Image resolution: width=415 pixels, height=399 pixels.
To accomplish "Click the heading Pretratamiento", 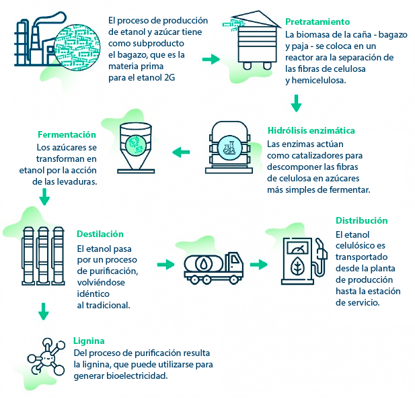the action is click(317, 21).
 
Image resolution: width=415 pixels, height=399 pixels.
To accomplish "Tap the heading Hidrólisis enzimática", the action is click(311, 130).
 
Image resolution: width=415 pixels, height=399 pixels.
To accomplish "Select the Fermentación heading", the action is click(67, 134).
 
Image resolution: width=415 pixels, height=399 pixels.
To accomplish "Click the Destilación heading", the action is click(100, 234).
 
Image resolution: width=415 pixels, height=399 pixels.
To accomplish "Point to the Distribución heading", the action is click(362, 220).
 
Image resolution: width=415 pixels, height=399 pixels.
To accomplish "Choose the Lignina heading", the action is click(89, 341).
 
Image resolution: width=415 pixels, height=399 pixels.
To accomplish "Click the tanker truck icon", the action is click(214, 267).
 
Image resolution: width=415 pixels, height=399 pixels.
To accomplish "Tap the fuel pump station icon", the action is click(304, 261).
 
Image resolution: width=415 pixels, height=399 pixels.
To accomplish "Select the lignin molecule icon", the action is click(46, 356).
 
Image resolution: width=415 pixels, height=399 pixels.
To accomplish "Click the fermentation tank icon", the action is click(136, 148).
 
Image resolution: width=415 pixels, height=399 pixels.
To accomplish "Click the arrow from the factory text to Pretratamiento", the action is click(211, 59).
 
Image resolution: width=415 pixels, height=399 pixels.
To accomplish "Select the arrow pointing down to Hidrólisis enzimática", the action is click(296, 103).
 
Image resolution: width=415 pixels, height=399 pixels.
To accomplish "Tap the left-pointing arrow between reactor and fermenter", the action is click(181, 152).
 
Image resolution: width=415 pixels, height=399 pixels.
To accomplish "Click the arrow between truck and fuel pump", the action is click(258, 264).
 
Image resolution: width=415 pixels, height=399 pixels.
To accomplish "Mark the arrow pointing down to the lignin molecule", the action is click(44, 312).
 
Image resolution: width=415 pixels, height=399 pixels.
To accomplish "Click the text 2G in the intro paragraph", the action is click(169, 78).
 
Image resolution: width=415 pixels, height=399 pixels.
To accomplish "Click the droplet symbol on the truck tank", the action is click(204, 263).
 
